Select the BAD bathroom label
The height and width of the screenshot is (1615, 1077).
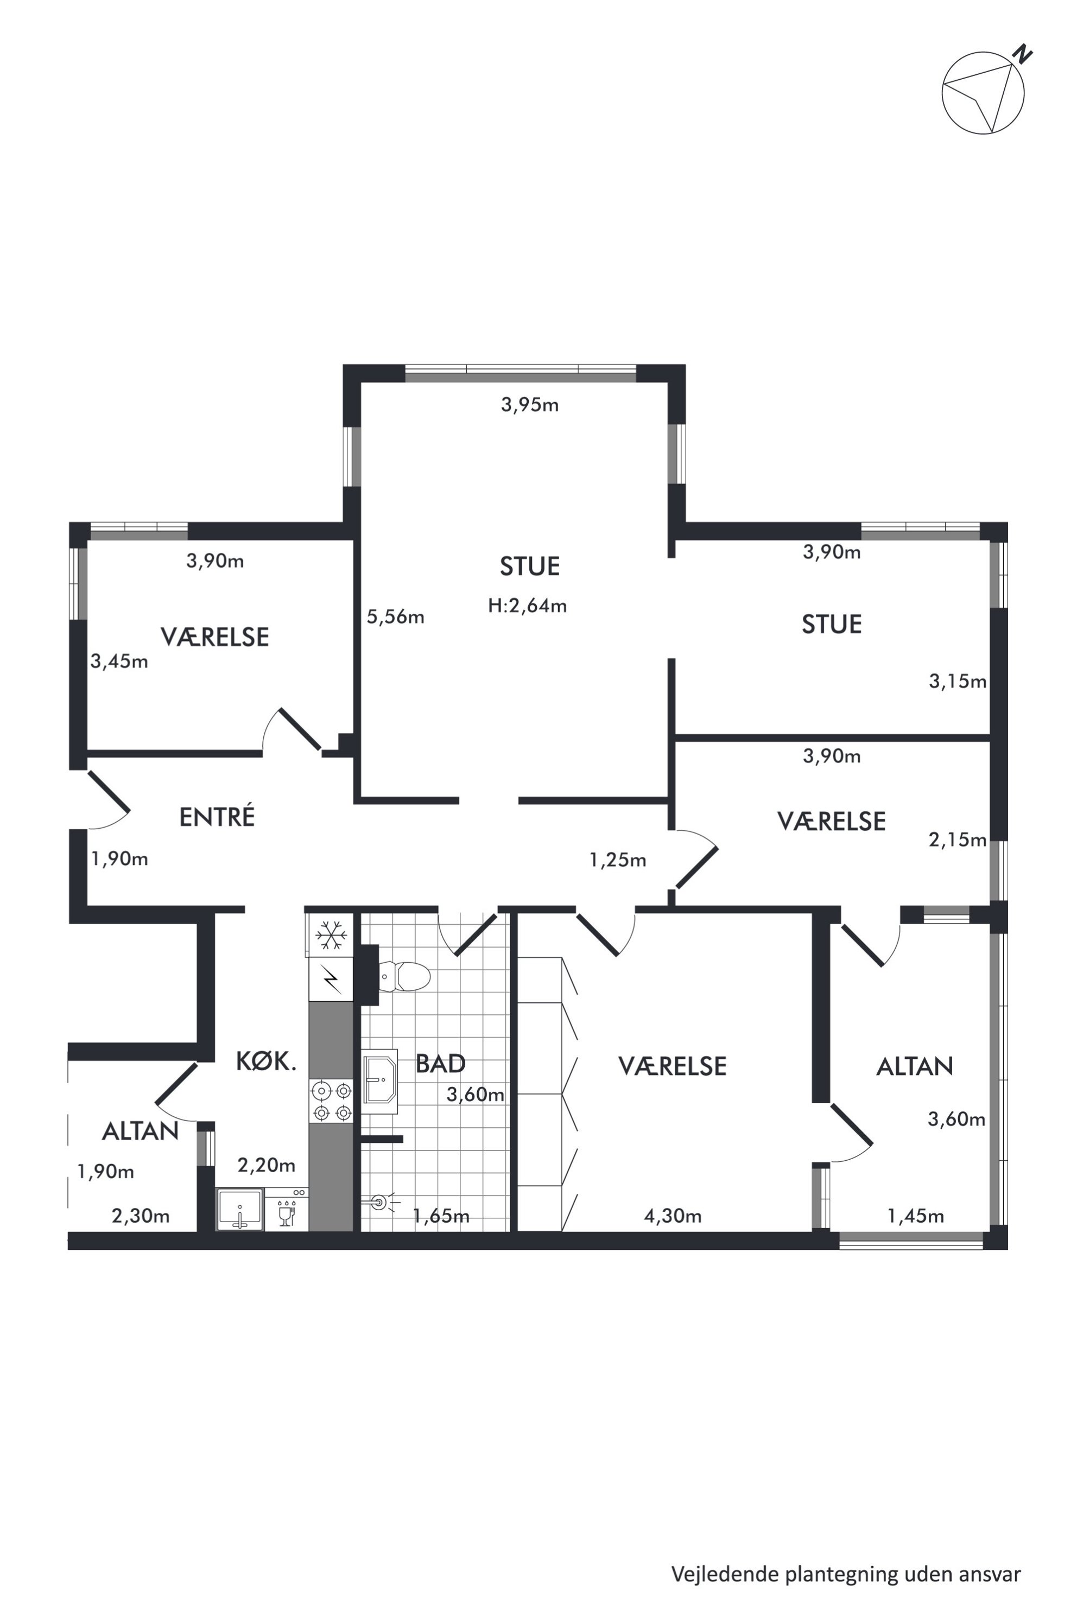440,1064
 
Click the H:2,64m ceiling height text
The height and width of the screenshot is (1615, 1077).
528,606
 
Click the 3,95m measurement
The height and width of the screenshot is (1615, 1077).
530,405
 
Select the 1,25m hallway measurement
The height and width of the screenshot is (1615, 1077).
618,860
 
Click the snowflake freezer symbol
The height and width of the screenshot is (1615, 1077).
331,934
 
